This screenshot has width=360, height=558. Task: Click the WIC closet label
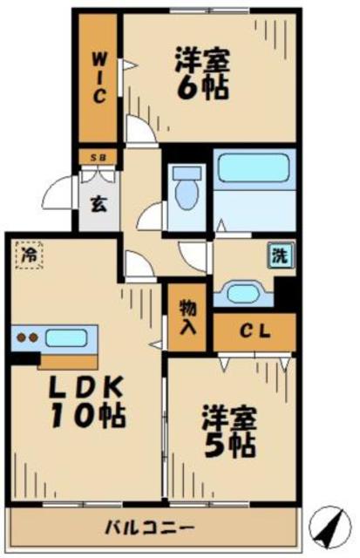click(x=100, y=78)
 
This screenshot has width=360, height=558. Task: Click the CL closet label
click(x=255, y=332)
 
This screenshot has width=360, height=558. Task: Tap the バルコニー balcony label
click(x=150, y=528)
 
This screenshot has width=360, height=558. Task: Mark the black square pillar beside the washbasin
click(x=284, y=290)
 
